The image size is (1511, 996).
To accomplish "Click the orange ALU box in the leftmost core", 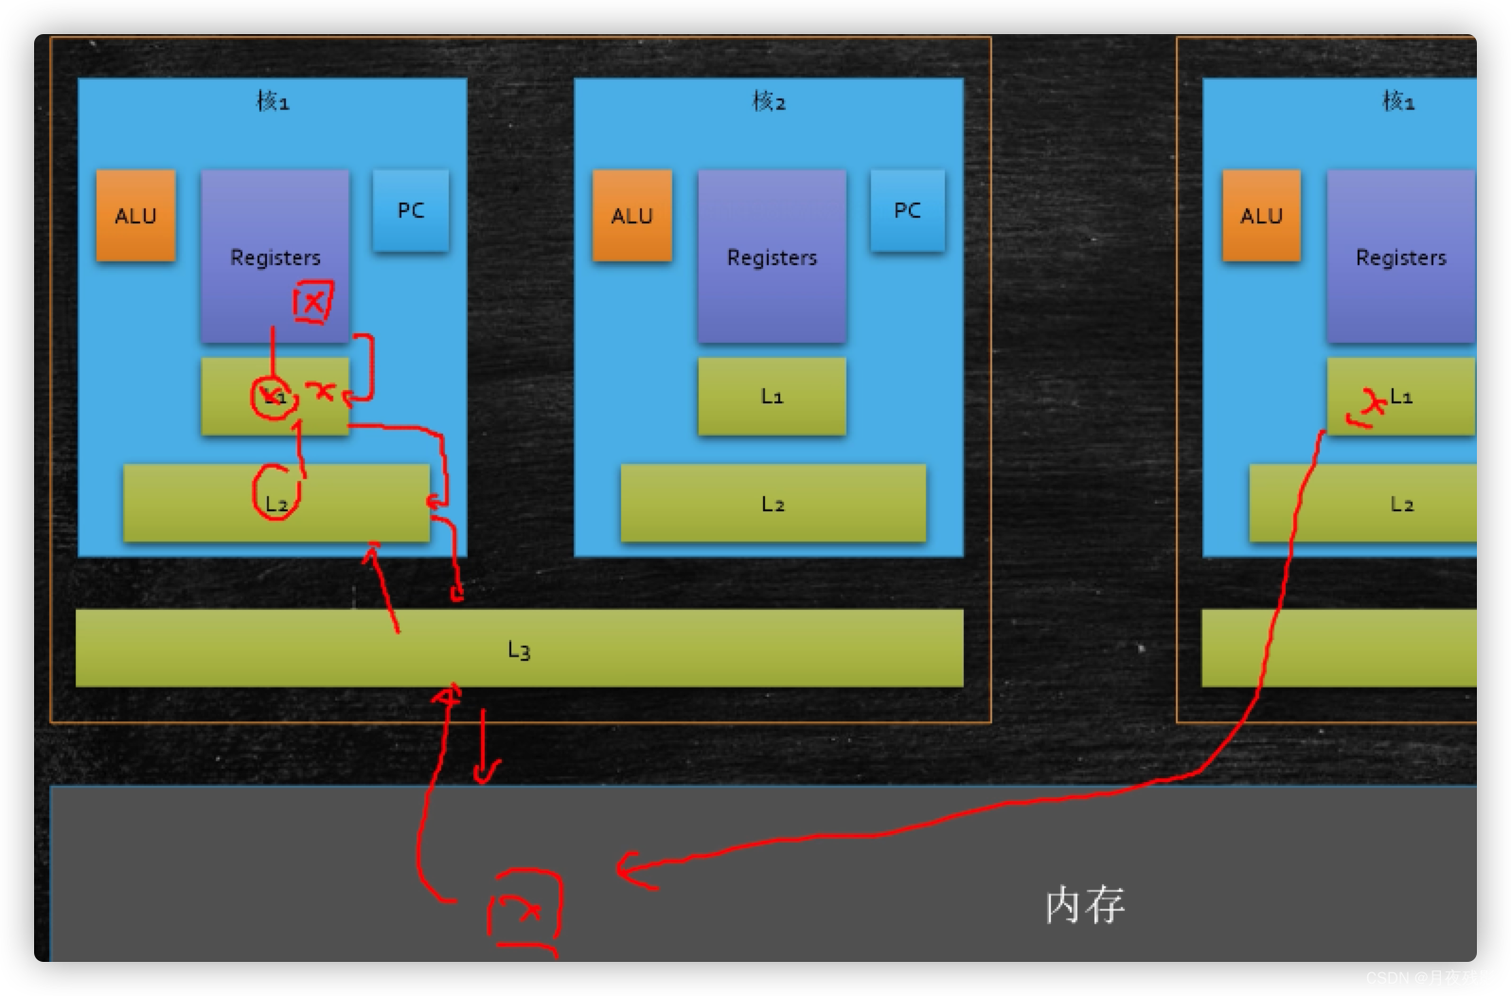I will point(135,216).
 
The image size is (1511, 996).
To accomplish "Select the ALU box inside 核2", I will point(632,216).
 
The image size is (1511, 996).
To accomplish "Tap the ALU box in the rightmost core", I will point(1261,216).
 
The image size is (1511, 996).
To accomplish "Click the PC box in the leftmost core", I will point(411,210).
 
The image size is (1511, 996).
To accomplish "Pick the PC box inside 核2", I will point(907,210).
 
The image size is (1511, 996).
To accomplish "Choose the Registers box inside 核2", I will point(772,257).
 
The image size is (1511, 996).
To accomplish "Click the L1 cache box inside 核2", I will point(772,396).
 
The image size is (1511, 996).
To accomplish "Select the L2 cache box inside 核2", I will point(773,504).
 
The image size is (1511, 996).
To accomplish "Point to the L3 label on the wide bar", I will point(519,649).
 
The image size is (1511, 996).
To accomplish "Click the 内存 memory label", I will point(1085,905).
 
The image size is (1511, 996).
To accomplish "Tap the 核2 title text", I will point(769,100).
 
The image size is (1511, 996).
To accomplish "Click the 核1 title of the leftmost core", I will point(273,100).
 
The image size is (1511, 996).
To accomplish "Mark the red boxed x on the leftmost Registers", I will point(312,303).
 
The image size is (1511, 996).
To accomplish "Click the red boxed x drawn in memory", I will point(524,909).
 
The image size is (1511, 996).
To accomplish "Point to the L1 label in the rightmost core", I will point(1401,396).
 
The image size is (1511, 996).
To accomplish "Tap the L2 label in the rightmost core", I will point(1401,504).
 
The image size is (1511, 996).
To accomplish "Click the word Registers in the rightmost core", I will point(1401,257).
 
